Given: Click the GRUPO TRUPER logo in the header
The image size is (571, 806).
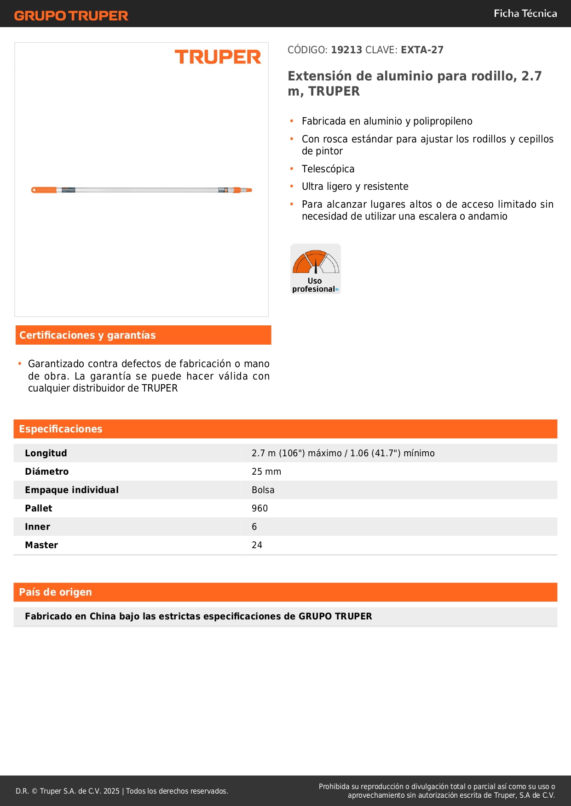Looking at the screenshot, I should click(71, 16).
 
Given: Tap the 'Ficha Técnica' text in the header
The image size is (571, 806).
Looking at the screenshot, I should click(525, 14).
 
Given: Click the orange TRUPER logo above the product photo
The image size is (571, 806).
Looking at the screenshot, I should click(218, 57).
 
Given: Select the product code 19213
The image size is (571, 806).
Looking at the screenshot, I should click(346, 50).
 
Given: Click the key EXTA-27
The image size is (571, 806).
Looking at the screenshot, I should click(422, 50).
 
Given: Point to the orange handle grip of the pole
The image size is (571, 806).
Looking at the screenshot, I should click(44, 190).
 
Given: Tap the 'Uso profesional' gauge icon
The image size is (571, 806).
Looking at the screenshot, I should click(316, 268).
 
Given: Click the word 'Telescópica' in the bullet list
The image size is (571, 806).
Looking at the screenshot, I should click(328, 169).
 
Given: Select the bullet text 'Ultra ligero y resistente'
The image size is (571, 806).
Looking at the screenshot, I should click(355, 187).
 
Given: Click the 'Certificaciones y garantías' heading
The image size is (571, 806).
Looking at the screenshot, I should click(87, 335).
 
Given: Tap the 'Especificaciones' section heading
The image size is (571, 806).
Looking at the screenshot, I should click(61, 429).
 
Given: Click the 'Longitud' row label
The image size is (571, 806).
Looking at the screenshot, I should click(46, 454).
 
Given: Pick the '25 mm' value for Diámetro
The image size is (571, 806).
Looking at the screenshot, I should click(266, 472).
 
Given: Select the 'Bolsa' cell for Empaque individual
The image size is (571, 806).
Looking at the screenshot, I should click(263, 490).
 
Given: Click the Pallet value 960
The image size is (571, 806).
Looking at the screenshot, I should click(260, 509).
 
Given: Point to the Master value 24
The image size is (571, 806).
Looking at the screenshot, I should click(257, 545).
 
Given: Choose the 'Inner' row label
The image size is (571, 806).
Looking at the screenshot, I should click(38, 527).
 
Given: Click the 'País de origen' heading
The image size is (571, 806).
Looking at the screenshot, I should click(55, 592).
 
